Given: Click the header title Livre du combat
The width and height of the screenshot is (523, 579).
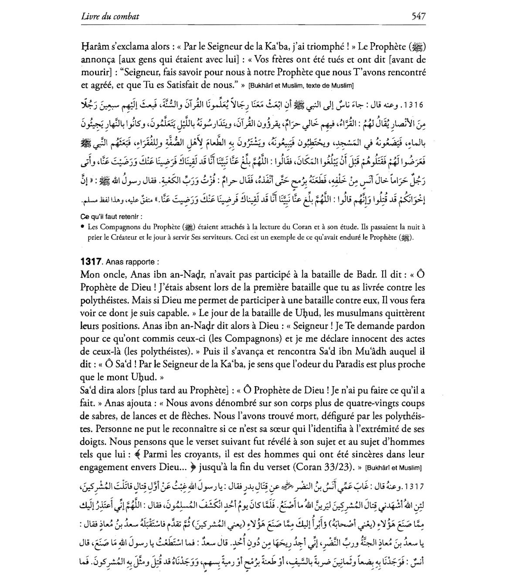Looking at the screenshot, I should pyautogui.click(x=110, y=17).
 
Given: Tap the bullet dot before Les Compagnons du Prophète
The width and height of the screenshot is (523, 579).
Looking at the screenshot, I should pyautogui.click(x=82, y=226).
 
